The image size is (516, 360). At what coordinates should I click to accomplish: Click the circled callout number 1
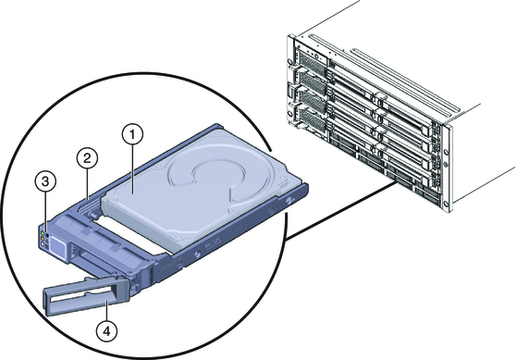(132, 134)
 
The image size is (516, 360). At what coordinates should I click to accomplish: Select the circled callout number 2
(87, 159)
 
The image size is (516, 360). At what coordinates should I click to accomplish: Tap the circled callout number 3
(45, 181)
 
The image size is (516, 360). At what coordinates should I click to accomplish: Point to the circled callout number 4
(106, 331)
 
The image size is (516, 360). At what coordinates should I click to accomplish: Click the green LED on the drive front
(43, 233)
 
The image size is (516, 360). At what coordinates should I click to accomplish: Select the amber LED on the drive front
(43, 239)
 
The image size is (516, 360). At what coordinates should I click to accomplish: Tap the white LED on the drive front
(43, 244)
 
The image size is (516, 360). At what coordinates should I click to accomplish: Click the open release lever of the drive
(85, 295)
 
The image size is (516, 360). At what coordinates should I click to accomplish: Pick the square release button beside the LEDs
(58, 247)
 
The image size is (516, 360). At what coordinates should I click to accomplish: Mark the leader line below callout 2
(87, 184)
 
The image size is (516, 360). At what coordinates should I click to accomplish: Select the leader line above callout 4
(106, 312)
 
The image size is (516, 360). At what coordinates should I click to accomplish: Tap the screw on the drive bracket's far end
(289, 200)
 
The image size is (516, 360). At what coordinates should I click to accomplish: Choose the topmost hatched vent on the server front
(309, 60)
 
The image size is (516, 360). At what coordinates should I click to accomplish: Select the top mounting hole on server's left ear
(289, 62)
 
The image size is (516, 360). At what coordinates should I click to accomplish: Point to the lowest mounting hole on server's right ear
(447, 203)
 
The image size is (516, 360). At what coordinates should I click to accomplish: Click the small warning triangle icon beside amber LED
(47, 241)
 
